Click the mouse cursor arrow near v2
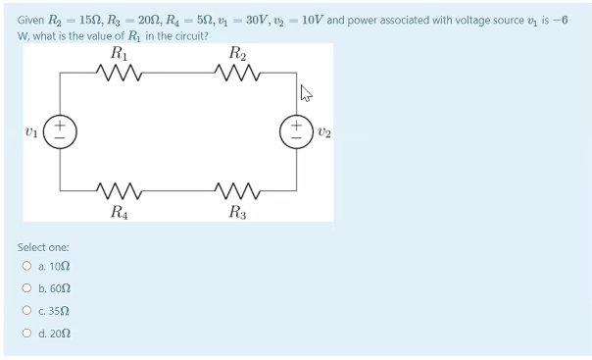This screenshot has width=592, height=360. pos(306,95)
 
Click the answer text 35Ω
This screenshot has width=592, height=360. pos(60,313)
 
